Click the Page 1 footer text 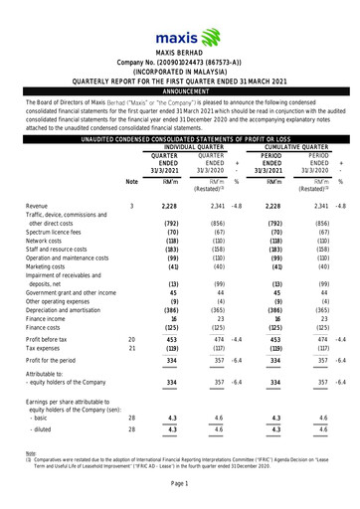tap(180, 495)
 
